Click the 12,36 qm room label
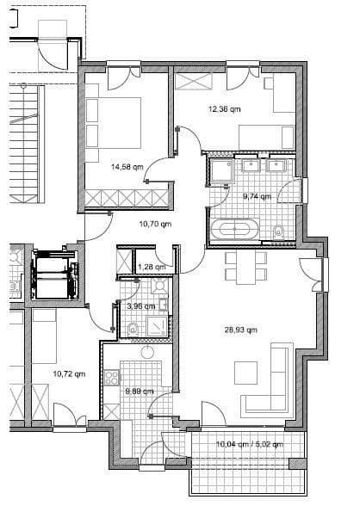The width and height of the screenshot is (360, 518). pos(225,109)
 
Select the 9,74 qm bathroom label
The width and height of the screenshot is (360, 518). pos(258,196)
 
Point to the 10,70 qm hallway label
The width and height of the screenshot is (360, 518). pos(156,224)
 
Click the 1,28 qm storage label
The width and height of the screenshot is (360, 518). pos(152,267)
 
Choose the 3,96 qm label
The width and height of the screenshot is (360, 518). pos(140,305)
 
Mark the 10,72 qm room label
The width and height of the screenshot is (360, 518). pos(69,374)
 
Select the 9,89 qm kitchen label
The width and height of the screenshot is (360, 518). pos(140,392)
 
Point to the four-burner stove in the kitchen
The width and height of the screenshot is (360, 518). pos(111,376)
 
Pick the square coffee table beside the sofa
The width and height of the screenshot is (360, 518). pos(246,373)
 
